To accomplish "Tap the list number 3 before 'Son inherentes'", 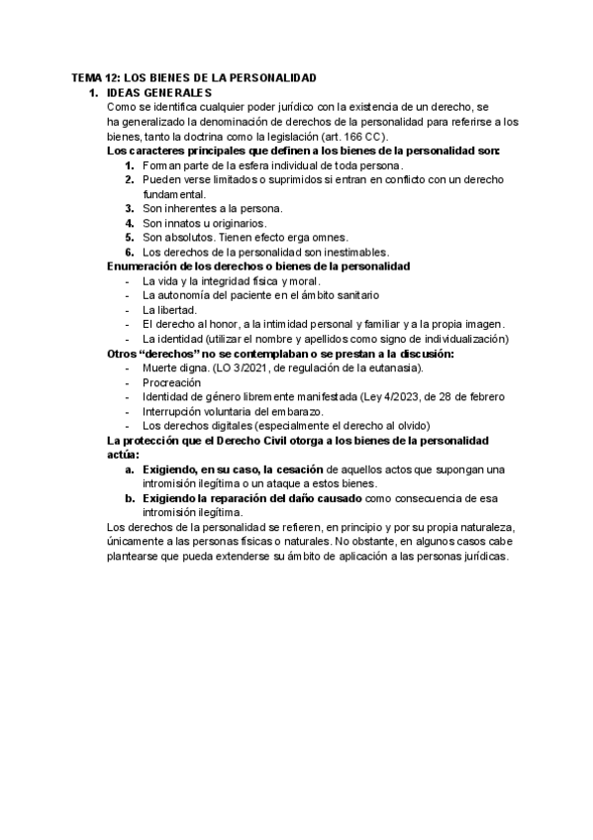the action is click(x=130, y=208).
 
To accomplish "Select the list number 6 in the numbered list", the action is click(x=130, y=252).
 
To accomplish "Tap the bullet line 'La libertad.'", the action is click(x=169, y=309).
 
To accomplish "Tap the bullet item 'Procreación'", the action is click(x=171, y=381).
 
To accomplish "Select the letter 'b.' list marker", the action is click(x=130, y=497).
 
